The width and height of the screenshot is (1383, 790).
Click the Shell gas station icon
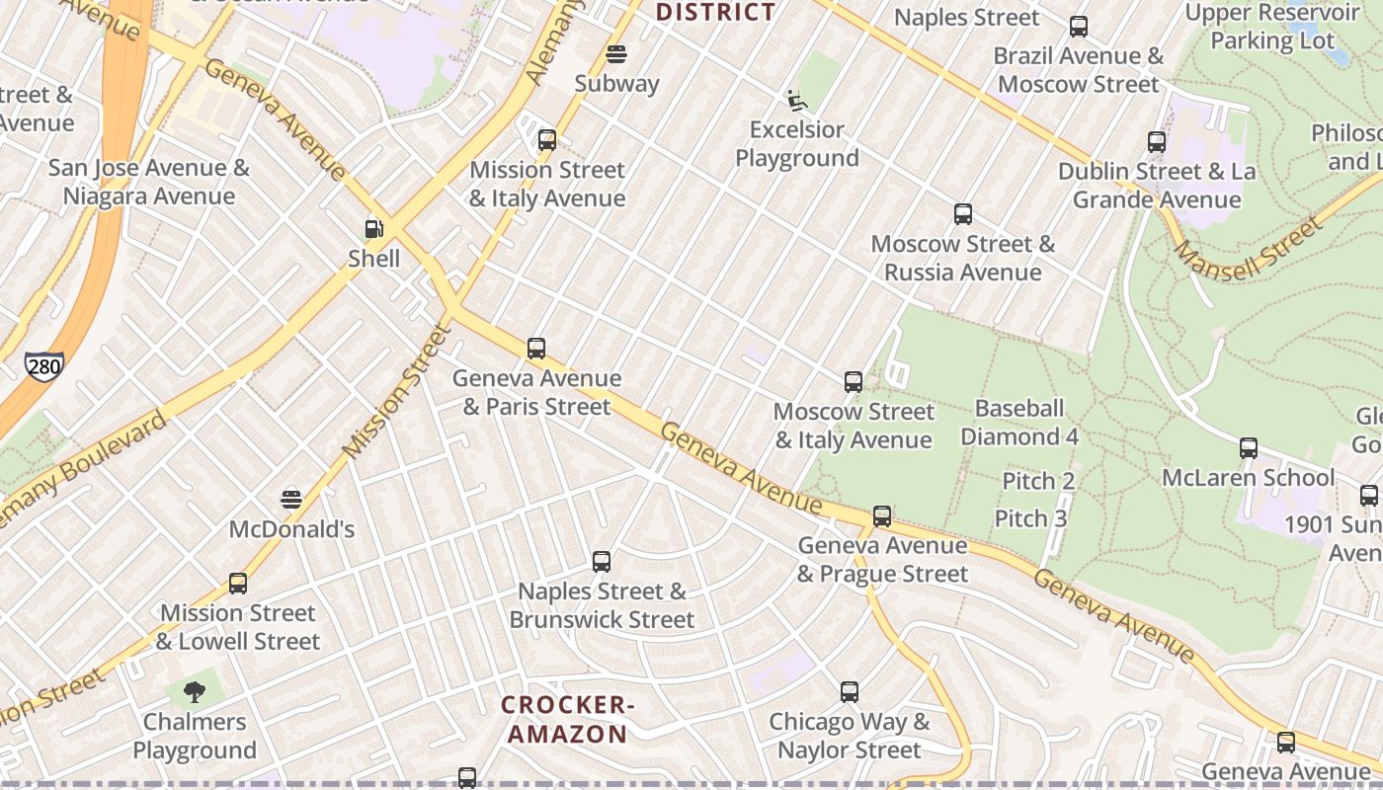373,229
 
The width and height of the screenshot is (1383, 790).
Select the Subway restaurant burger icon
616,53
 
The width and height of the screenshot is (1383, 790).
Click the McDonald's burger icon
291,499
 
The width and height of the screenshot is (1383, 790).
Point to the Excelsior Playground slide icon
797,100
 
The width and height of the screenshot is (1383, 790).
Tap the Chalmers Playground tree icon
195,691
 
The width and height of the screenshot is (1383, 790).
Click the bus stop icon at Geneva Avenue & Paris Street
536,349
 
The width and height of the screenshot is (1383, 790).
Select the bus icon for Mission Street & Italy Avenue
547,140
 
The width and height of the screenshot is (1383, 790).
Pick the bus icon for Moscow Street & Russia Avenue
963,214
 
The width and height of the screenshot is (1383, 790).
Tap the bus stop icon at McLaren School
1249,448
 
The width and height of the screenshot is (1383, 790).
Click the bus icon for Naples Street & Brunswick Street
602,562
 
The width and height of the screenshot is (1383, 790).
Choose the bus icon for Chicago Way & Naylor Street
850,692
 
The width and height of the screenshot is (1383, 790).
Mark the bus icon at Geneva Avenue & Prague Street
882,515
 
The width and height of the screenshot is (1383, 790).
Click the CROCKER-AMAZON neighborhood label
566,719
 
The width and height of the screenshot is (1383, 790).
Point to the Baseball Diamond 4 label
1019,423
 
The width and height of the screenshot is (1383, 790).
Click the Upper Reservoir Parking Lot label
1272,27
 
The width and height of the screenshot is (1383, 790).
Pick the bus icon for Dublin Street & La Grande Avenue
1157,142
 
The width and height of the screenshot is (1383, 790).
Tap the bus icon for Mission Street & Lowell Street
238,584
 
